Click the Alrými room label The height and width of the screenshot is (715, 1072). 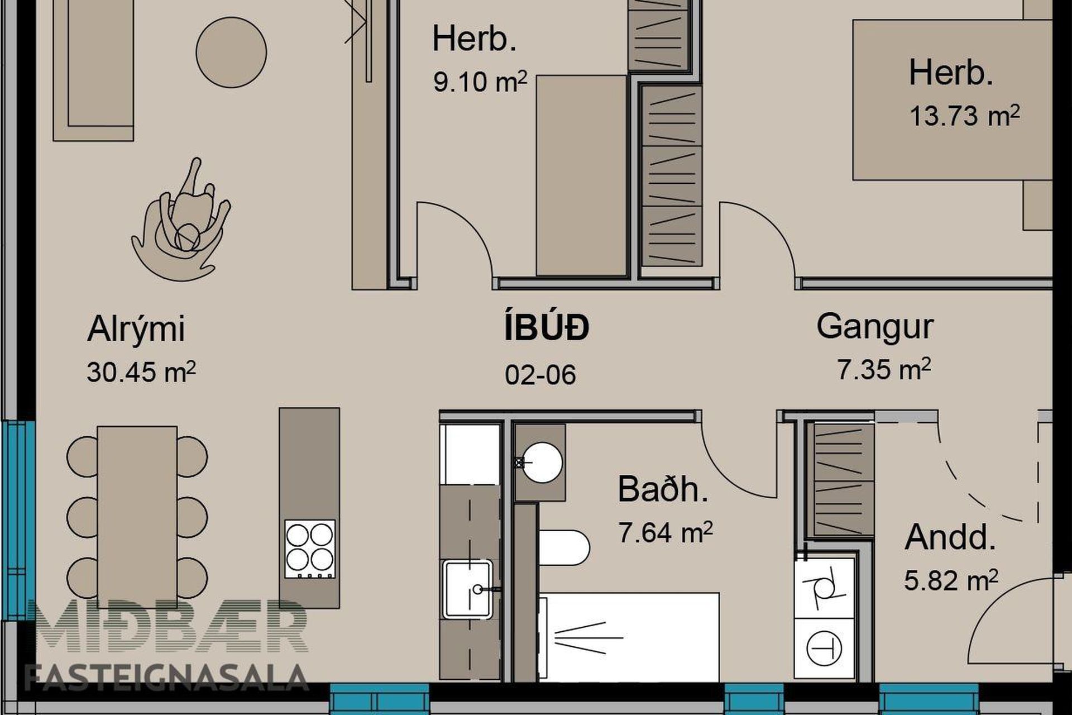pos(136,330)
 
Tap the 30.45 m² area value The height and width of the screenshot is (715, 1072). pos(141,371)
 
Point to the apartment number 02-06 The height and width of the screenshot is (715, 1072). pos(540,375)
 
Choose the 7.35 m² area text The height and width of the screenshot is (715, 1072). pos(884,369)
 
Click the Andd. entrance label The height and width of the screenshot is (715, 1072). pos(950,537)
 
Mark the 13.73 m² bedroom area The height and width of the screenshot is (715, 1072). pos(964,116)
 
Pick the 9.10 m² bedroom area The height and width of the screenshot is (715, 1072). pos(480,82)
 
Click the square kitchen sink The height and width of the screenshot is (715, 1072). pos(468,589)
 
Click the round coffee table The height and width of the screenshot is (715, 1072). pos(231,52)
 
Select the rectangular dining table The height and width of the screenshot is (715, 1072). pos(137,517)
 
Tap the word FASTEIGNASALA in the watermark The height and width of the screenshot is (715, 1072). pos(166,677)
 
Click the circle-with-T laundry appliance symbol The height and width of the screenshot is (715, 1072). pos(824,649)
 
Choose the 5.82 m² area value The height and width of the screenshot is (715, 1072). pos(951,580)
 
